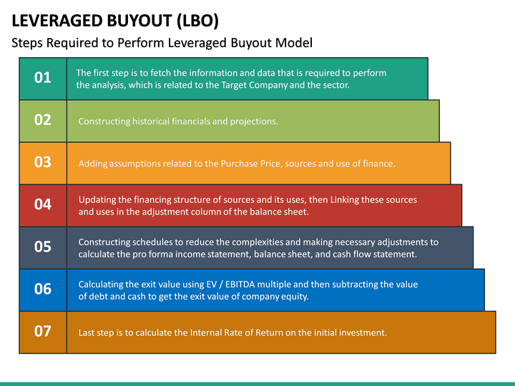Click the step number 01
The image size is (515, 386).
pyautogui.click(x=43, y=78)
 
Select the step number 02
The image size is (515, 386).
pyautogui.click(x=43, y=120)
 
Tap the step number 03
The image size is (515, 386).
pyautogui.click(x=43, y=162)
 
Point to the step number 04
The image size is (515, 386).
pyautogui.click(x=43, y=204)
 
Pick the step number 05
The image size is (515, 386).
pyautogui.click(x=43, y=247)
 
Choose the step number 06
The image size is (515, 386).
pyautogui.click(x=43, y=289)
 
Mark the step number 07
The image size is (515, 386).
pyautogui.click(x=43, y=331)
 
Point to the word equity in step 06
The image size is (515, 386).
pyautogui.click(x=293, y=297)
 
